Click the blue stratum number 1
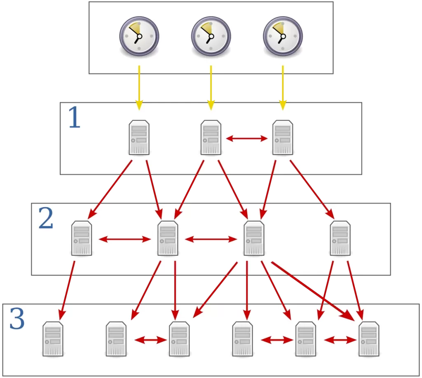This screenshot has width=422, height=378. [74, 118]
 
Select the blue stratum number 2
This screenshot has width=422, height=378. [46, 219]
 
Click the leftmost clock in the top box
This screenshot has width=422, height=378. [139, 36]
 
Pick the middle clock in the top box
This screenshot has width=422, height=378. [211, 36]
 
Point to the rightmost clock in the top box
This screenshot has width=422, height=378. [283, 36]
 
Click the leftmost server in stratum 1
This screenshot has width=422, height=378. [139, 137]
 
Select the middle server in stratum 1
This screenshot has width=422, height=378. [211, 137]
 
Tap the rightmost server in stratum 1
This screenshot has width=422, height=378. [283, 137]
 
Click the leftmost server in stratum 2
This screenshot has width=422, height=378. [82, 238]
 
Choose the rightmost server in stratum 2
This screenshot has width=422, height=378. [340, 238]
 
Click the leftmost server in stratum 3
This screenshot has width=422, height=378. [53, 339]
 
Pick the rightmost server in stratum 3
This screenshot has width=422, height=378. [369, 339]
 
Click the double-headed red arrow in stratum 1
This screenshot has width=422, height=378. [247, 139]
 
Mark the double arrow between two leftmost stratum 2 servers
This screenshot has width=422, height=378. [125, 239]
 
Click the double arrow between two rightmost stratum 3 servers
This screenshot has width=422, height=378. [340, 340]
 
